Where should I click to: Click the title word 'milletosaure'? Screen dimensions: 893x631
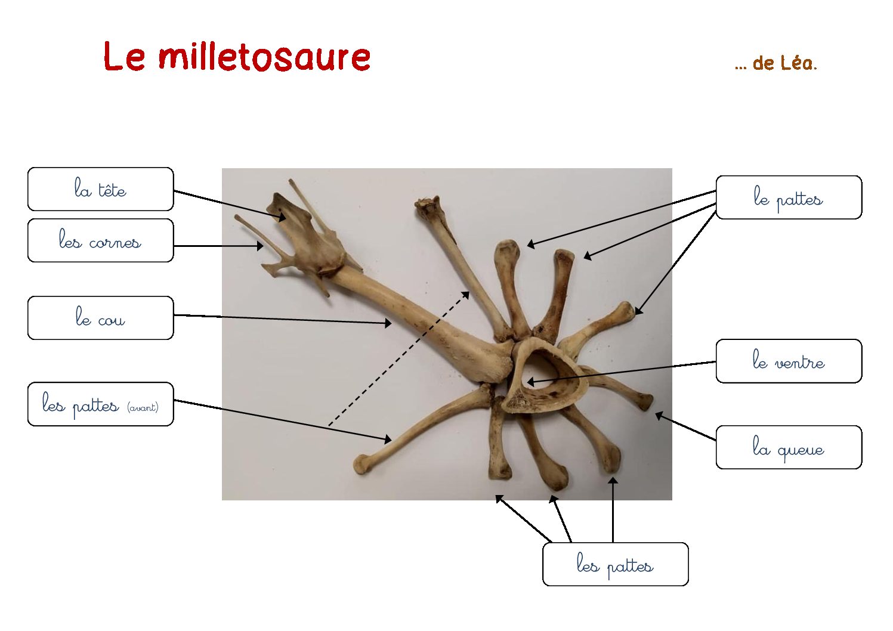click(264, 57)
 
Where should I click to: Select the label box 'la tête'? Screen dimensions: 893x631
click(100, 189)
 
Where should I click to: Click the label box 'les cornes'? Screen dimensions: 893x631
click(100, 240)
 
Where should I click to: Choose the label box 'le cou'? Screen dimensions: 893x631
click(100, 318)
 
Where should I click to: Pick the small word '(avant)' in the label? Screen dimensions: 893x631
click(143, 407)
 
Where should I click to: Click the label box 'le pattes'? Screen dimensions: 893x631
click(789, 197)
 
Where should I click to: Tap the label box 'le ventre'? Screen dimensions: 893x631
click(789, 361)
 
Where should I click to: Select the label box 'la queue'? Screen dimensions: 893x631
click(789, 447)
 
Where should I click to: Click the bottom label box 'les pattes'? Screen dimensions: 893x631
click(615, 564)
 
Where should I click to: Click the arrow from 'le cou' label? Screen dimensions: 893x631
click(283, 319)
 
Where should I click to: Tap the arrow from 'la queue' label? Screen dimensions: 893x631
click(685, 426)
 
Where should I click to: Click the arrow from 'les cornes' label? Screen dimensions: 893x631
click(218, 246)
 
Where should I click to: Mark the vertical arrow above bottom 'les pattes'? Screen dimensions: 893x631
click(613, 509)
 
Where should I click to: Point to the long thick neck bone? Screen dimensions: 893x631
click(419, 319)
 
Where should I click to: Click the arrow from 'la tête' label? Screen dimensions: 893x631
click(230, 205)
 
